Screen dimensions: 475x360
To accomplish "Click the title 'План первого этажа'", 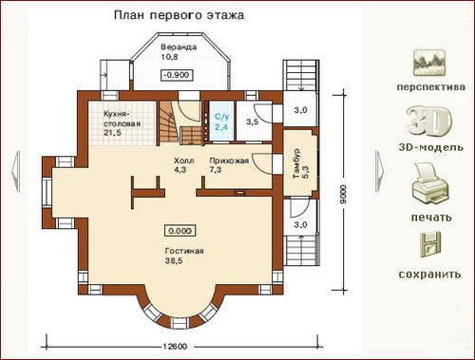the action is coord(179,15).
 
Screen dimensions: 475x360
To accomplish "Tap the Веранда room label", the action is coord(179,47).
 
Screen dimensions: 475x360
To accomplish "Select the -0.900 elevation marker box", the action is coord(177,75).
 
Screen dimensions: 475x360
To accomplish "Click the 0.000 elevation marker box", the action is coord(180,231).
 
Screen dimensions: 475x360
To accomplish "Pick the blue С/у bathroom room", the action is coord(221,121).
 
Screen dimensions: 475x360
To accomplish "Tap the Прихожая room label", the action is coord(229,161).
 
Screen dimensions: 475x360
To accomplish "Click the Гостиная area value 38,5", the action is coord(174,261).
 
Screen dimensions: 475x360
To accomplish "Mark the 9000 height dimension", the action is coord(343,194).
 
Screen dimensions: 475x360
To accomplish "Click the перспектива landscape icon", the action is coord(429,63).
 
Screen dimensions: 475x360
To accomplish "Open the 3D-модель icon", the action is coord(429,121).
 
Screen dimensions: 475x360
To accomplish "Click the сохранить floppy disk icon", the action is coord(429,244).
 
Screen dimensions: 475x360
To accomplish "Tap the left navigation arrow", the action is coord(16,171).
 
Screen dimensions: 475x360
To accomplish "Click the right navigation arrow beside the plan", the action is coord(380,171).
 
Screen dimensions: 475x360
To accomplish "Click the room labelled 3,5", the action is coord(254,121).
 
